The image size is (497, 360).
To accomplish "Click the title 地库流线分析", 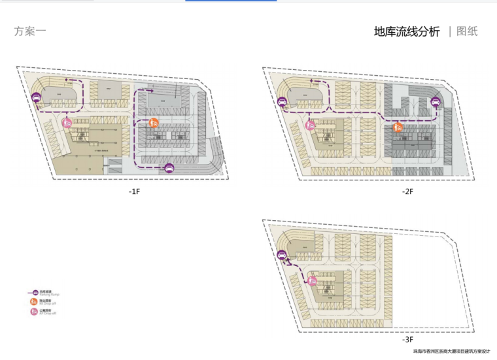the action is pos(407,31).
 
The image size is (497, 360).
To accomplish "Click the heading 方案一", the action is pos(30,31).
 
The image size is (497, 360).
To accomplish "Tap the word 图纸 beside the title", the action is pos(467,31).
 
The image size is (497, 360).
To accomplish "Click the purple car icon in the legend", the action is pos(33,292).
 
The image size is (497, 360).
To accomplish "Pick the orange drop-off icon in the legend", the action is pos(34,302).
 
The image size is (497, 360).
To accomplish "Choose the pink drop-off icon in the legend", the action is pos(34,312).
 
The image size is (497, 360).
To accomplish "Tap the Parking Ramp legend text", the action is pos(48,293).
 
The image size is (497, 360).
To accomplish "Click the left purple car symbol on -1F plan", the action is pos(37,98).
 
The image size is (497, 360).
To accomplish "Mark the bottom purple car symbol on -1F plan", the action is pos(169,167).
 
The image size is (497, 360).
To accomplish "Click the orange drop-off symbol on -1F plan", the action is pos(154,122).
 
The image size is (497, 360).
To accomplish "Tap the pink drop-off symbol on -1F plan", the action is pos(67,122).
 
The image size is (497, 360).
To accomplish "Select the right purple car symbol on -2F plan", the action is pos(436,101).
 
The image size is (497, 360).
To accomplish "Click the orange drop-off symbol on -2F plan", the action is pos(397,126).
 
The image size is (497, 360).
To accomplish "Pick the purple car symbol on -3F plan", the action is pos(283,257).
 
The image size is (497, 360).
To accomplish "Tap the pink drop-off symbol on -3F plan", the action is pos(313,280).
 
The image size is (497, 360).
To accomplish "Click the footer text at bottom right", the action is pos(451,352).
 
